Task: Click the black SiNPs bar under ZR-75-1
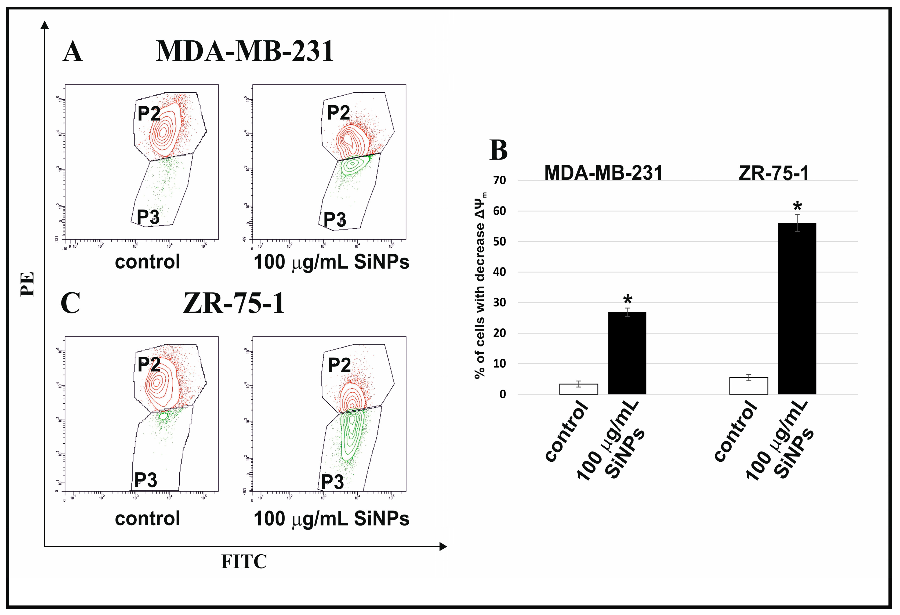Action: coord(797,308)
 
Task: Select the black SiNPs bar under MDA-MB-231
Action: coord(627,353)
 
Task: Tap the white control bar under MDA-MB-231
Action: coord(579,389)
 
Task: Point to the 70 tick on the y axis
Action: coord(500,180)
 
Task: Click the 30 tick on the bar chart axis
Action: coord(500,302)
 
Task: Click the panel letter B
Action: coord(498,150)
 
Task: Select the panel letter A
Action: coord(72,52)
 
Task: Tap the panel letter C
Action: coord(71,303)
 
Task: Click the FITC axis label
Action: coord(244,562)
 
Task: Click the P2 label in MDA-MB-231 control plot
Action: coord(149,114)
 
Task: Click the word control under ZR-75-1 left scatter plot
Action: coord(148,518)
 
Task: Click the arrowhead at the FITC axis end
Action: coord(443,547)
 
